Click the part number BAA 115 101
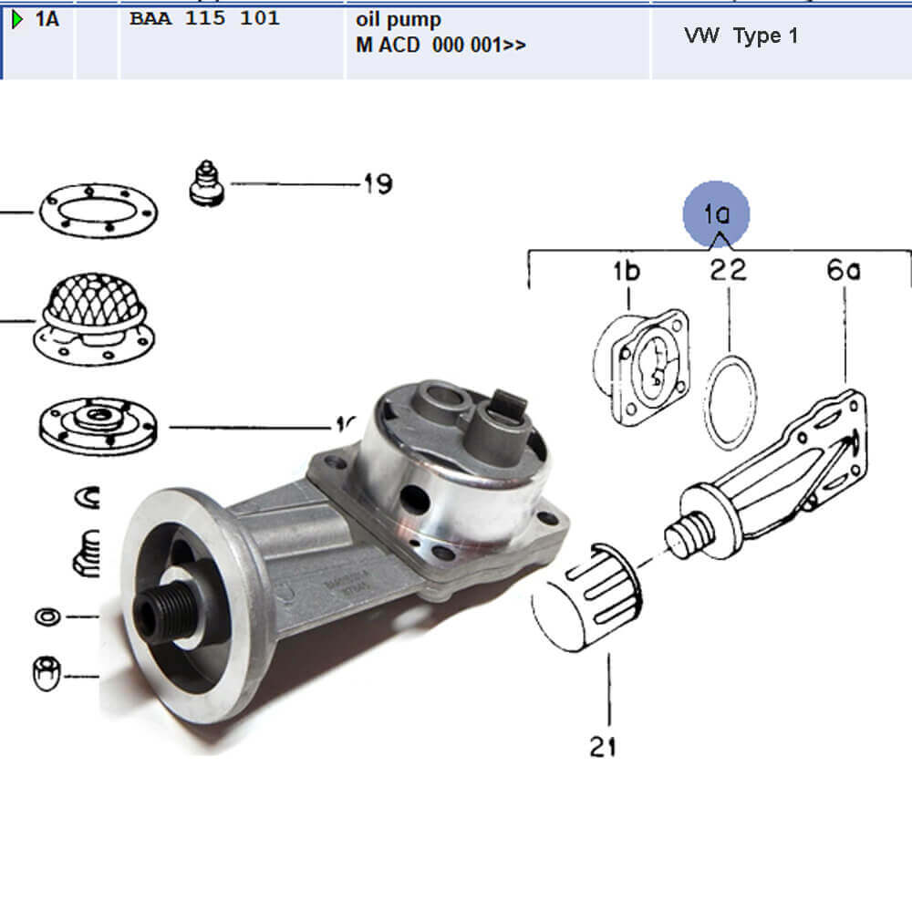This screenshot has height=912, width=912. coord(204,18)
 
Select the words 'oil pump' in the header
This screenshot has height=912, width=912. coord(399,19)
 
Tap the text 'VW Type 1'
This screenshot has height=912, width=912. coord(741,36)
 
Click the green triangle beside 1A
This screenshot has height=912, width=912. coord(17,19)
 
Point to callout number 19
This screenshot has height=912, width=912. coord(376,184)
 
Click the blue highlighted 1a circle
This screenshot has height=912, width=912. coord(717,214)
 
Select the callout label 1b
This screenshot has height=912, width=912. coord(626,271)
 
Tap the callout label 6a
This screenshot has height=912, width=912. coord(844,271)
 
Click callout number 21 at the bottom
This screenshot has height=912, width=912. coord(602,747)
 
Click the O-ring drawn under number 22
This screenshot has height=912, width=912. coord(730,401)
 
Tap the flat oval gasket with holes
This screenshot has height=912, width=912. coord(98,211)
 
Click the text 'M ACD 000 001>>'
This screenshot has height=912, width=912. coord(440,44)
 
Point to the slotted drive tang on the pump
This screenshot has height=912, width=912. coord(509,401)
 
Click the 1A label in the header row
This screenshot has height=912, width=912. coord(47,19)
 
